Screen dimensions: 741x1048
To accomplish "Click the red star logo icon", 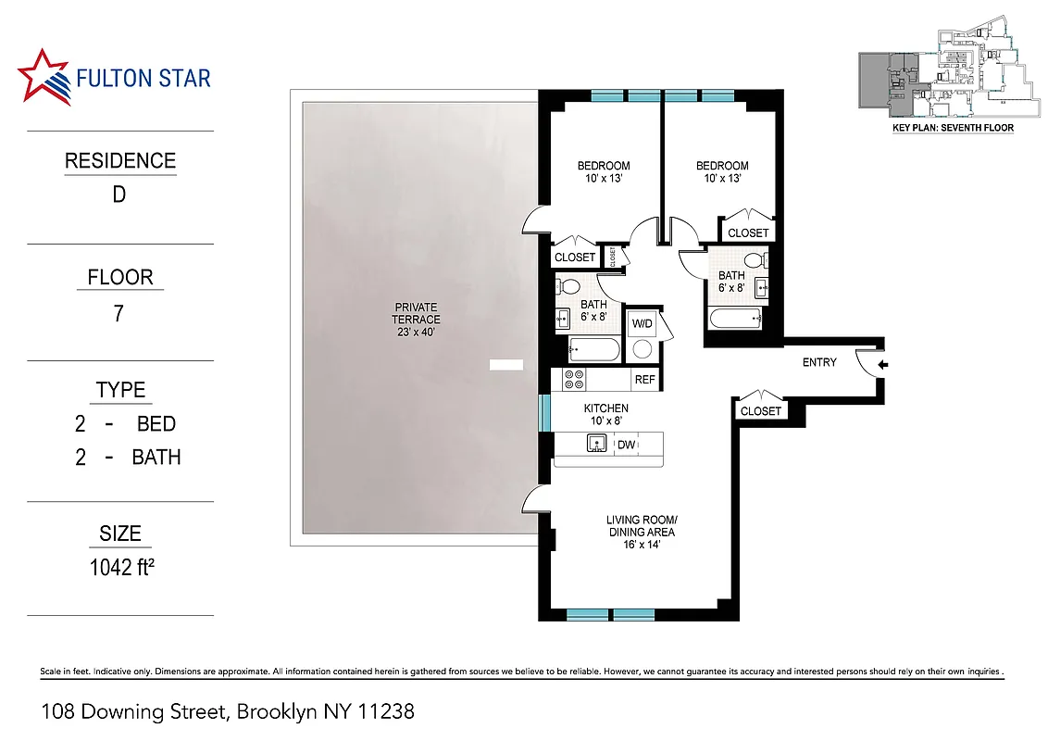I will pyautogui.click(x=44, y=76).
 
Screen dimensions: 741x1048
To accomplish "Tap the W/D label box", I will pyautogui.click(x=641, y=325).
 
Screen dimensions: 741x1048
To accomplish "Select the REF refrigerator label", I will pyautogui.click(x=644, y=380).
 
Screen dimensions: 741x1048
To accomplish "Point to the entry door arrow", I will pyautogui.click(x=882, y=365).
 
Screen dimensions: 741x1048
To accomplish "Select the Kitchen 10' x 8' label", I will pyautogui.click(x=605, y=414).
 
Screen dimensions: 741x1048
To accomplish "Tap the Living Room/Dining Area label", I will pyautogui.click(x=641, y=532).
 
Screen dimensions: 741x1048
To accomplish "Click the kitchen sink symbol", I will pyautogui.click(x=596, y=445).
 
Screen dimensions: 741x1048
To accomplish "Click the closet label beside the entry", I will pyautogui.click(x=761, y=411).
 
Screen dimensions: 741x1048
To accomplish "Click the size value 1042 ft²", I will pyautogui.click(x=120, y=568).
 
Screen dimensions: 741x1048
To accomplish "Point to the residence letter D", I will pyautogui.click(x=119, y=195).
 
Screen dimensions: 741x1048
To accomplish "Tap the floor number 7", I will pyautogui.click(x=119, y=313).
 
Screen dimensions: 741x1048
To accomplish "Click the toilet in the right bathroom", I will pyautogui.click(x=753, y=259).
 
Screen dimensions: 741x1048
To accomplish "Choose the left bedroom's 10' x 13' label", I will pyautogui.click(x=604, y=179).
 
